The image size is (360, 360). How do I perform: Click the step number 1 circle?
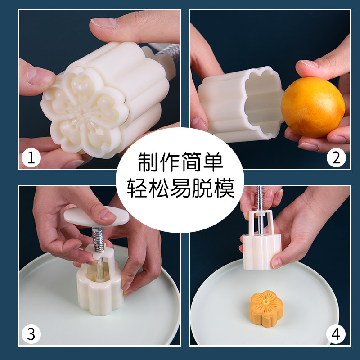point(31,158)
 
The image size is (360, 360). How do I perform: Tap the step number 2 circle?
point(336,158)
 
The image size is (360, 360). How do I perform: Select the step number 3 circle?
point(31,334)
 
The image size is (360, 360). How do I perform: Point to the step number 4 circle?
point(336,334)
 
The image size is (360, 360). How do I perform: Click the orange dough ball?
point(313,107)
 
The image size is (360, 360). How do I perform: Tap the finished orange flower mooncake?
point(266,305)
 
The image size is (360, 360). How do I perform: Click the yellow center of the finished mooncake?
point(266,302)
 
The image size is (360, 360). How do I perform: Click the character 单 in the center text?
point(213,162)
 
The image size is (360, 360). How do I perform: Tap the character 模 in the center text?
point(225,188)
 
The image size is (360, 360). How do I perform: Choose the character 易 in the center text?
point(181,188)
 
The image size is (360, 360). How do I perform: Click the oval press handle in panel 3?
point(96,216)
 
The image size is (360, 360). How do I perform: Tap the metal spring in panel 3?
point(98,240)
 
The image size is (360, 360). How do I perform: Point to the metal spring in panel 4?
point(260,198)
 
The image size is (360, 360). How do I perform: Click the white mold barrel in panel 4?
point(262,252)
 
